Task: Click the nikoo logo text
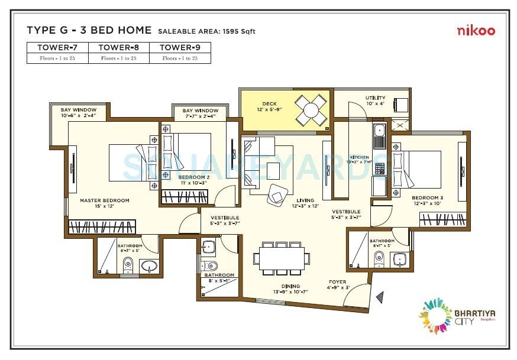pos(476,31)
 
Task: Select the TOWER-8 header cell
pos(118,47)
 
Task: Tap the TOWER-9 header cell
pos(180,47)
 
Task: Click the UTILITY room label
pos(375,98)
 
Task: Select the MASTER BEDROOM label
pos(104,201)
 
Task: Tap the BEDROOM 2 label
pos(195,177)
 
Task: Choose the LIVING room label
pos(306,201)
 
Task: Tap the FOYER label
pos(337,282)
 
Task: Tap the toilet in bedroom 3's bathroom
pos(379,258)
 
